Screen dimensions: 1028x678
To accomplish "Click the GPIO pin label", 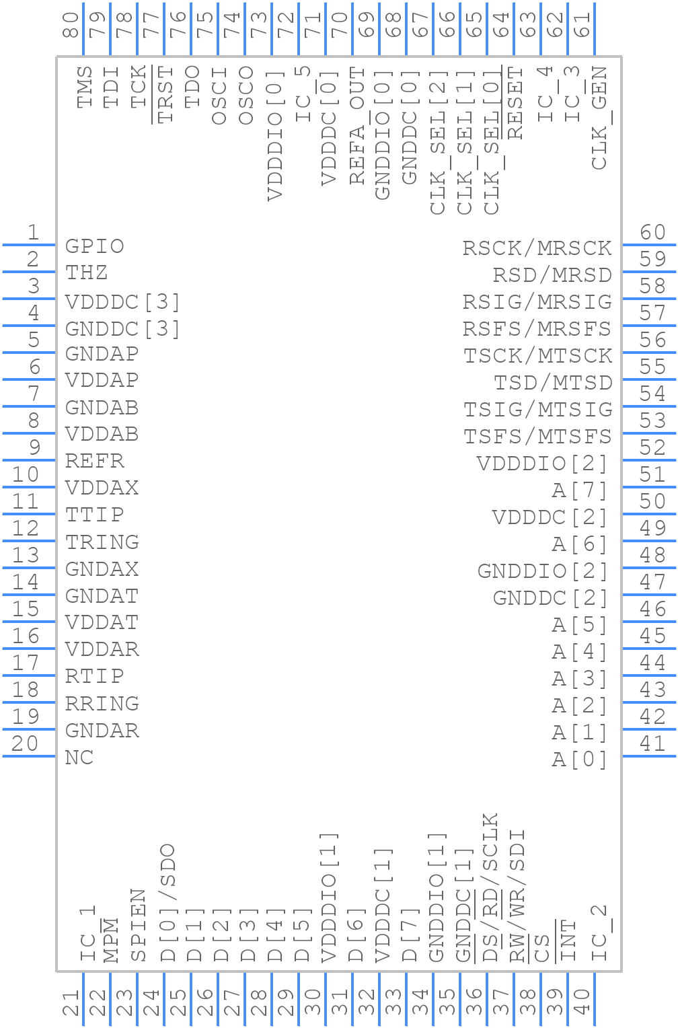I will [94, 246].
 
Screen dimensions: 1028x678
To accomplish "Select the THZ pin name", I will [86, 273].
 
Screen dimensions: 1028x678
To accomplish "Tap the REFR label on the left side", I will [94, 462].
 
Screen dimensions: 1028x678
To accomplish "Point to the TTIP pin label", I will [94, 515].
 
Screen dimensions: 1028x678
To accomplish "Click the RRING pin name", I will [102, 704].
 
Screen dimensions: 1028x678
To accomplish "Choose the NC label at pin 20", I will [79, 758].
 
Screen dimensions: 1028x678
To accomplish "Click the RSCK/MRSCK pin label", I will [537, 248].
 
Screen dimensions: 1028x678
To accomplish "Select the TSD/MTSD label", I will [553, 383].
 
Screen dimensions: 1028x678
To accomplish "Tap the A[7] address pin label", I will [580, 490].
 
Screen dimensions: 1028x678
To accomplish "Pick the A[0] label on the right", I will [580, 760].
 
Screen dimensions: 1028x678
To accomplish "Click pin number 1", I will [32, 233].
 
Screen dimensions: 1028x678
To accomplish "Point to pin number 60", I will [652, 233].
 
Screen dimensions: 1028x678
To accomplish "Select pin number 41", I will [652, 744].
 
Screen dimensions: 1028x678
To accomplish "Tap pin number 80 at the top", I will [71, 25].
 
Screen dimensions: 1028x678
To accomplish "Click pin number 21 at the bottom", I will [71, 1002].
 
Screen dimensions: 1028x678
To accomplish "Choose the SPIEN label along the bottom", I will [138, 925].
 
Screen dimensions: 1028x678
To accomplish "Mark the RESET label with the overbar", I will [515, 102].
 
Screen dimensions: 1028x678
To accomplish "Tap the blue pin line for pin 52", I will [649, 460].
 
